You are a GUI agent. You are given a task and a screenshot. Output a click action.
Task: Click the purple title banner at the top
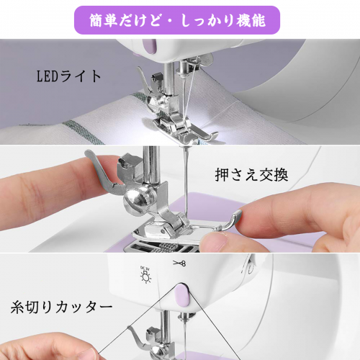click(177, 20)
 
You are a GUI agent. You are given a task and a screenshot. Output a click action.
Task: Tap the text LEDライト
click(69, 76)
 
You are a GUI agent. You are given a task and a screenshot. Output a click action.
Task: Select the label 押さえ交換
click(251, 175)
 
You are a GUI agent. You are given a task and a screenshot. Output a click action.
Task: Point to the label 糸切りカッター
click(61, 307)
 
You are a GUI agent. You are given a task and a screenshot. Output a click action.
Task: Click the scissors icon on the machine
click(179, 264)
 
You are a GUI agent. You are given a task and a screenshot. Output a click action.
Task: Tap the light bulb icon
click(145, 276)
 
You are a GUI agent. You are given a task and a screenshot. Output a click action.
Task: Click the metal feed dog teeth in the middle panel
click(167, 248)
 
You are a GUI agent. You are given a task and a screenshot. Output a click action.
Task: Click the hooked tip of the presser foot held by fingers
click(234, 218)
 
